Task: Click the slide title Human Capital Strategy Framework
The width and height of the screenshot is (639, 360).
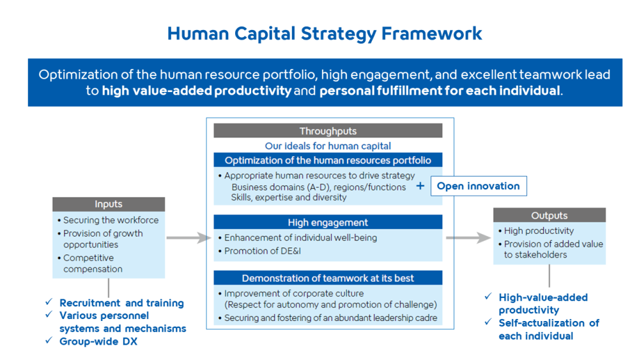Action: [325, 34]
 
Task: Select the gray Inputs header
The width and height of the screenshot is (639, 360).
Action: [109, 204]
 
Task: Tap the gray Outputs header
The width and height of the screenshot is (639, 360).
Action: [550, 215]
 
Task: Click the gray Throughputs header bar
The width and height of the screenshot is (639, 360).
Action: [328, 131]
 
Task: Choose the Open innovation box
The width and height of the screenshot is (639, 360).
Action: [479, 186]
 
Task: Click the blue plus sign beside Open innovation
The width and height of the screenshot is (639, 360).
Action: [420, 186]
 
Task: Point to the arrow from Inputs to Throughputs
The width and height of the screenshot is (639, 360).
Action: [189, 238]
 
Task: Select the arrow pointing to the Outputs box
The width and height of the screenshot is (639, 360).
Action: [468, 238]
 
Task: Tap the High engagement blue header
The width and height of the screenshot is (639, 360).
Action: [328, 222]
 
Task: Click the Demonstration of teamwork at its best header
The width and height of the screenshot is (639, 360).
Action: [328, 278]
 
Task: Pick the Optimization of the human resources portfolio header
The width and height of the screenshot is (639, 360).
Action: [328, 160]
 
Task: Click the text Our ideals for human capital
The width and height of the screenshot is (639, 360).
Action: [328, 146]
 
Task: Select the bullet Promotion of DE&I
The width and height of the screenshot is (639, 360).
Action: [260, 251]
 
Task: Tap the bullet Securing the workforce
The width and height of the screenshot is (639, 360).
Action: [108, 220]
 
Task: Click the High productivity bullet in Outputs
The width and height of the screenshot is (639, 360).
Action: [536, 231]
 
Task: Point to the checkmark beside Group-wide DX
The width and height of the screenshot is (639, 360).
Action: [49, 340]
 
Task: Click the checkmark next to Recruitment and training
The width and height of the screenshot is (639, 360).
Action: [49, 302]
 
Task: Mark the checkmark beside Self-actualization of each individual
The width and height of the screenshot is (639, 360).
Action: [488, 322]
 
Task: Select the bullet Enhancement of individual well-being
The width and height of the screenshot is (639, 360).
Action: [298, 238]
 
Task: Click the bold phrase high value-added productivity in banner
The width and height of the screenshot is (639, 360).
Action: [197, 91]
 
